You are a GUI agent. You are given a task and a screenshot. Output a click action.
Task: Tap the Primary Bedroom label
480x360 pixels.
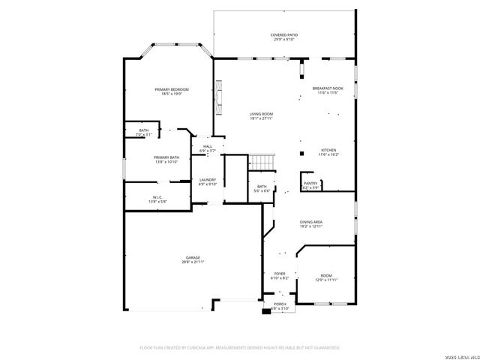[x=172, y=89]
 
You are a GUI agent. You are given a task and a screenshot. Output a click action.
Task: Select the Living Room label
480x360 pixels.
[x=261, y=114]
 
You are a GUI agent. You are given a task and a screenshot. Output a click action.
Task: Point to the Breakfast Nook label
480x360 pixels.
[x=327, y=88]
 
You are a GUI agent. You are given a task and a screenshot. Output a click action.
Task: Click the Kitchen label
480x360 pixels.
[x=328, y=149]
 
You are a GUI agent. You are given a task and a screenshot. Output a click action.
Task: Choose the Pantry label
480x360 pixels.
[x=310, y=182]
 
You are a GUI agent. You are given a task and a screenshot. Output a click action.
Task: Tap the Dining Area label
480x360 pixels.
[x=311, y=222]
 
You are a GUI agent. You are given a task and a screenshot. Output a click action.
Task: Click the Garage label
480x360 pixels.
[x=193, y=257]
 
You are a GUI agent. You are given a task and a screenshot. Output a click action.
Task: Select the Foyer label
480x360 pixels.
[x=279, y=274]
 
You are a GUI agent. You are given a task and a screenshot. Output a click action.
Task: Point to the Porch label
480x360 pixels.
[x=279, y=303]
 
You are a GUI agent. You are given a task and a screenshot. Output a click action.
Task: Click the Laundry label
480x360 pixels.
[x=208, y=179]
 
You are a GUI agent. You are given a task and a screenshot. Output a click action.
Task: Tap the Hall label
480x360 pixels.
[x=208, y=146]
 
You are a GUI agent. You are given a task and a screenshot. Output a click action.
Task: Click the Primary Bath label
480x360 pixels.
[x=166, y=157]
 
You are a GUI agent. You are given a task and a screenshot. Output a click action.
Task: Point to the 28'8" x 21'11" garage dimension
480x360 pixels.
[x=193, y=262]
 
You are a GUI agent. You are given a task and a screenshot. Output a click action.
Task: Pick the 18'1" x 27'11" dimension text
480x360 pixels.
[x=261, y=118]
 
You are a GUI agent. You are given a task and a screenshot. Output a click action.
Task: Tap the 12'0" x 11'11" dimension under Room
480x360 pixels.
[x=326, y=280]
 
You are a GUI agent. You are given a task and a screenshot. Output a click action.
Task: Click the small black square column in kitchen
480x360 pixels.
[x=301, y=153]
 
